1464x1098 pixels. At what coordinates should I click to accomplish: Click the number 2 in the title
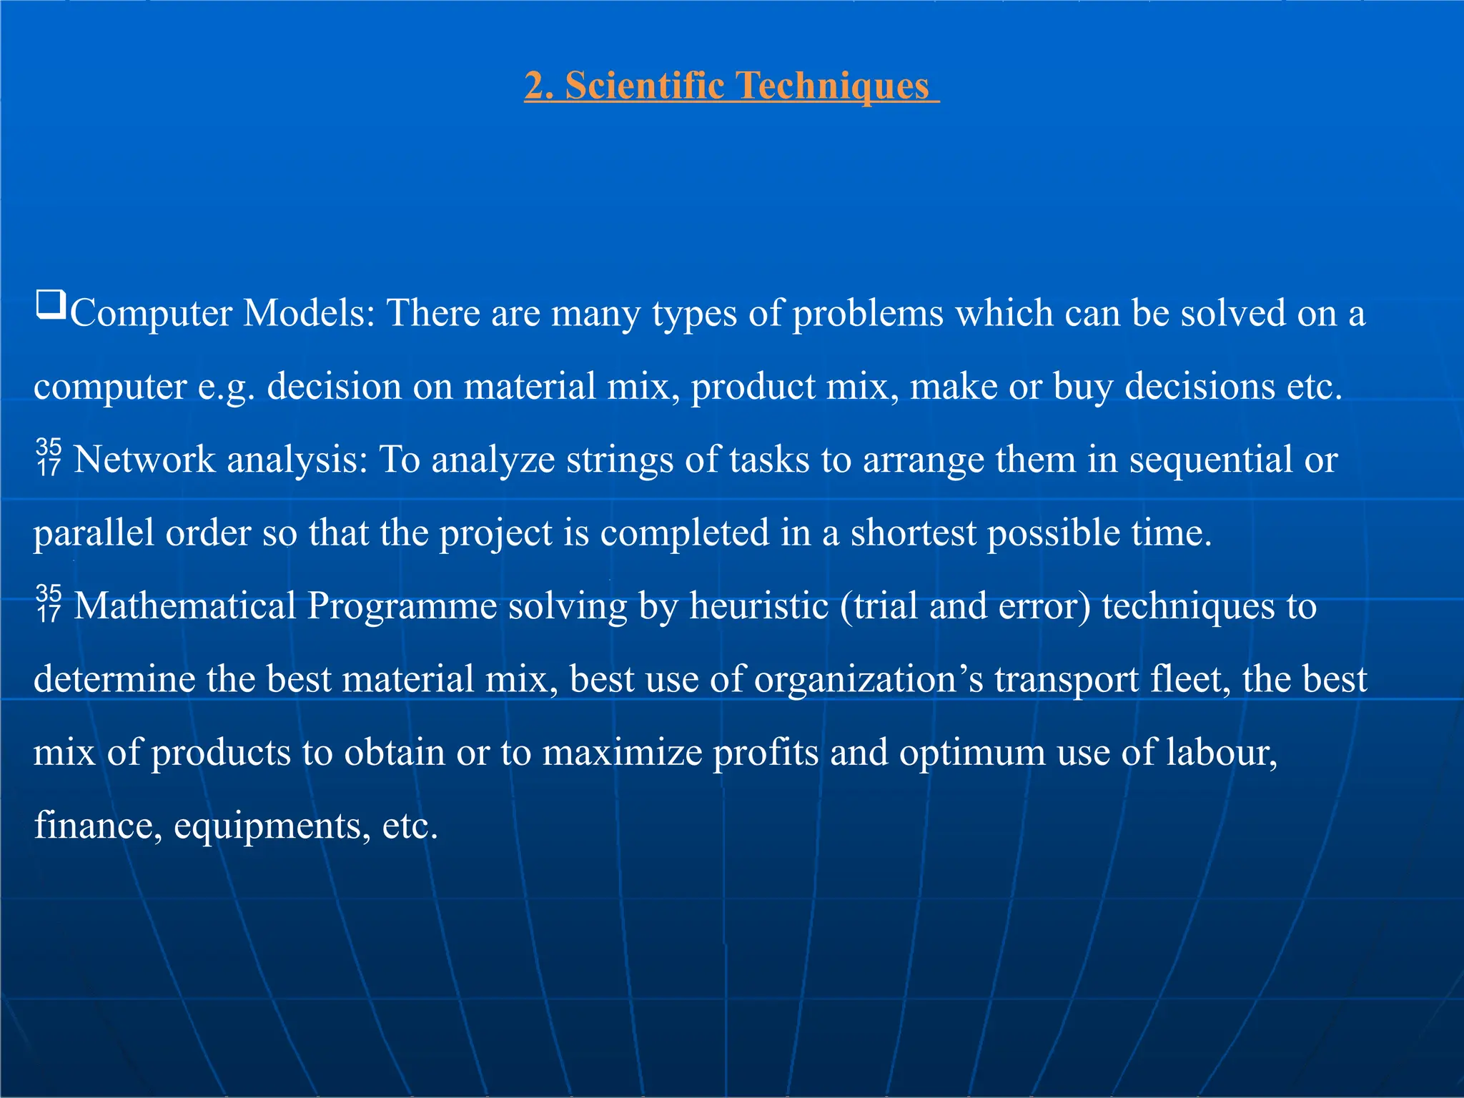tap(535, 85)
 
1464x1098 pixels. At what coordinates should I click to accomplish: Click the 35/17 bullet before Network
tap(49, 457)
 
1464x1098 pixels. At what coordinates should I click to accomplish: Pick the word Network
tap(144, 460)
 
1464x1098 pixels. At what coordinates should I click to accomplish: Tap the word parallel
tap(94, 533)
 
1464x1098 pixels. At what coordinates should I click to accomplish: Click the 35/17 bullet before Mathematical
tap(49, 604)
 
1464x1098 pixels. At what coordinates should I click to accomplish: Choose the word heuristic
tap(758, 606)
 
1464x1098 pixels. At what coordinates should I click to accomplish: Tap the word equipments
tap(272, 826)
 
